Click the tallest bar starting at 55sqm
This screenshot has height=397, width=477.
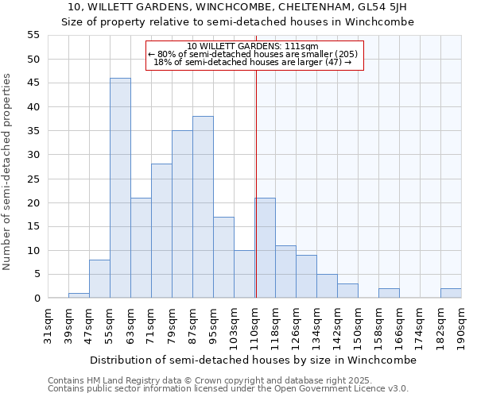[120, 188]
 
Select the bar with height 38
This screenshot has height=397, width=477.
[203, 207]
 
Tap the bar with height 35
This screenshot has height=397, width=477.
[182, 214]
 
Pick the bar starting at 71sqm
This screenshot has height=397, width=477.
[161, 231]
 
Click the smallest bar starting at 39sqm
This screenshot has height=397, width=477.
[79, 295]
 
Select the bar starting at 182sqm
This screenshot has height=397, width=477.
[451, 293]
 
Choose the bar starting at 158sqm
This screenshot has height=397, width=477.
[389, 293]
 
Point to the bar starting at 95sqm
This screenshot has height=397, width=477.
[223, 257]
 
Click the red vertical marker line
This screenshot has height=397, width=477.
[256, 183]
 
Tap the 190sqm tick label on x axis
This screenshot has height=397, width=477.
[462, 325]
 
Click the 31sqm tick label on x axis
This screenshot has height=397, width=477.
[48, 325]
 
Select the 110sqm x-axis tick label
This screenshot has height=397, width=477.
[255, 325]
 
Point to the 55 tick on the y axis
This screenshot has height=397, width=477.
[33, 35]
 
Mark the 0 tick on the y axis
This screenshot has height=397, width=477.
[36, 299]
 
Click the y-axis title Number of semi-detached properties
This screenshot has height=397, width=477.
[8, 172]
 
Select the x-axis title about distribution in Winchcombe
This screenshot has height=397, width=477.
[253, 360]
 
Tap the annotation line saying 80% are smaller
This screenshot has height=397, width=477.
[253, 54]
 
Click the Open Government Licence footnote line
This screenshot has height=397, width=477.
[228, 388]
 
